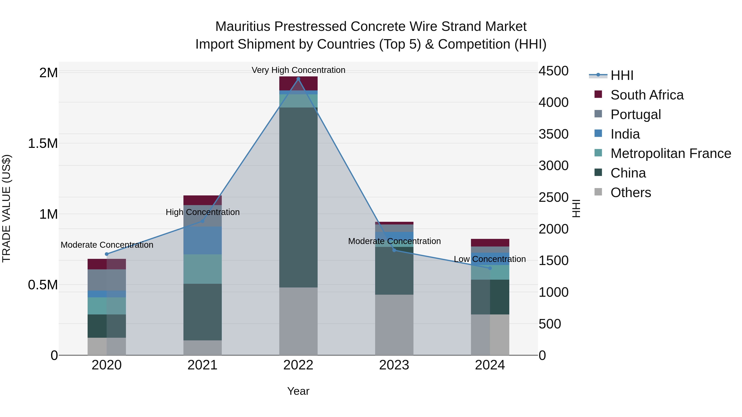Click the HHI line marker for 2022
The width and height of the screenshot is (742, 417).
coord(298,79)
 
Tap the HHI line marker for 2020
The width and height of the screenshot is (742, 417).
coord(107,254)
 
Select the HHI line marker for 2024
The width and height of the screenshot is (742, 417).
coord(490,268)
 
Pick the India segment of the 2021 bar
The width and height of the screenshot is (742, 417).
coord(202,240)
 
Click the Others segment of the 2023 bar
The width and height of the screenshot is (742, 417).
coord(394,324)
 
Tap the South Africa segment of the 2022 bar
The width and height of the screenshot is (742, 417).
coord(298,83)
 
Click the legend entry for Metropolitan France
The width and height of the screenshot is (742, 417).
coord(670,153)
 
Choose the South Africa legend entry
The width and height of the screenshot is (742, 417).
coord(647,95)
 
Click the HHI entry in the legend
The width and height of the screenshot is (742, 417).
coord(622,75)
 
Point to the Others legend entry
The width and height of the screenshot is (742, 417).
coord(630,193)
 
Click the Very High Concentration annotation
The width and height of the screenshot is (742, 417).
coord(298,70)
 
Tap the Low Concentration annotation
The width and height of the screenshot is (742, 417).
coord(490,259)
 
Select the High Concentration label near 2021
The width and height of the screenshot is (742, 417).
coord(202,212)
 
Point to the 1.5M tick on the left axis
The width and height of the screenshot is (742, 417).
coord(43,143)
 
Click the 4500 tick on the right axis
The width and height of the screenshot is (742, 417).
coord(553,71)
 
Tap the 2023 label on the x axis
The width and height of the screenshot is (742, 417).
coord(394,365)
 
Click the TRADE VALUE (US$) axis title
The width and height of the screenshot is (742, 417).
coord(6,208)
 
